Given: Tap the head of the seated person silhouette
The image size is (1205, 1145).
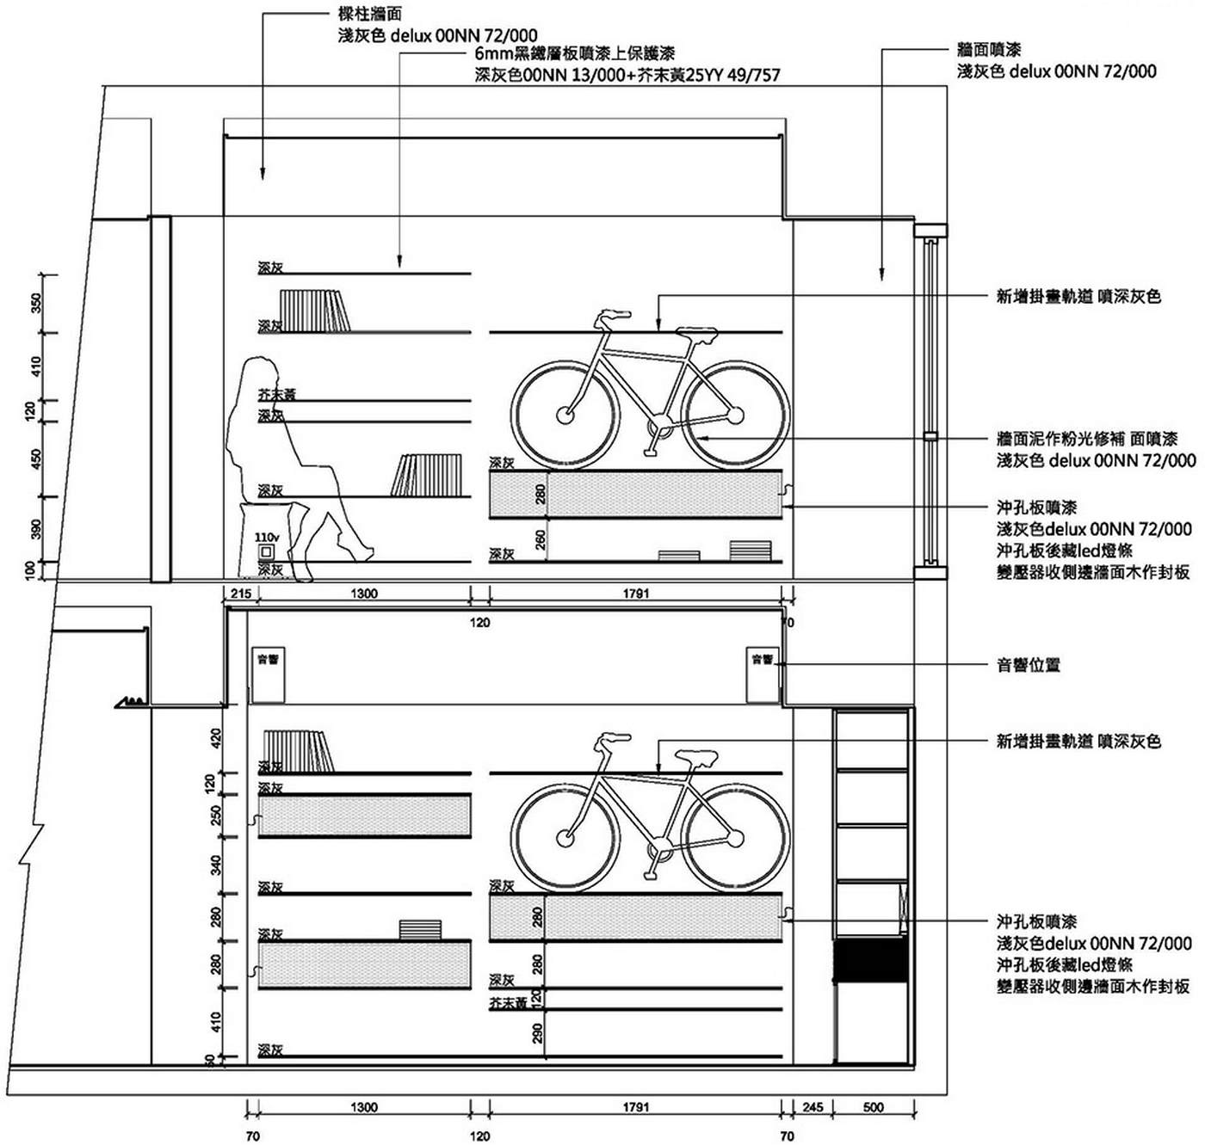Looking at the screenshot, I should (x=262, y=377).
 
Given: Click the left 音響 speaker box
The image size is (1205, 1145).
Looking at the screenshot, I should (x=268, y=675).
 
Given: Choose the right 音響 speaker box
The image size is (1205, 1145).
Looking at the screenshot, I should (x=763, y=675).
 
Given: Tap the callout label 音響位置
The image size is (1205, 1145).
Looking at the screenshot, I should (x=1028, y=664).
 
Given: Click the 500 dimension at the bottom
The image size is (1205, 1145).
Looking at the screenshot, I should (x=873, y=1107).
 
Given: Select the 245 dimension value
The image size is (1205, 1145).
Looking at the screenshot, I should (x=813, y=1107).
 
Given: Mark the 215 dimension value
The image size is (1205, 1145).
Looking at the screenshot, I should (x=241, y=594).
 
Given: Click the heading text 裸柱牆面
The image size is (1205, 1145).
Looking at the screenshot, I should (x=370, y=15).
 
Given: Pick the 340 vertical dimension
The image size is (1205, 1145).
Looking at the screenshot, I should (x=216, y=865).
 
